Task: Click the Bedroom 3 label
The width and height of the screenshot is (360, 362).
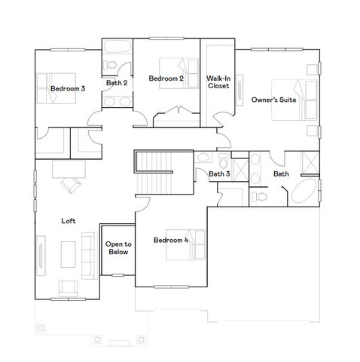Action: pyautogui.click(x=68, y=89)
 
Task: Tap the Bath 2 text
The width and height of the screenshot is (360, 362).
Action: pyautogui.click(x=116, y=83)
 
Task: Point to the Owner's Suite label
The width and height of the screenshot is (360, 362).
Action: pyautogui.click(x=273, y=100)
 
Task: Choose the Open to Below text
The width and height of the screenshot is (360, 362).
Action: pyautogui.click(x=118, y=248)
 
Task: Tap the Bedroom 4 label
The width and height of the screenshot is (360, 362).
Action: pyautogui.click(x=170, y=241)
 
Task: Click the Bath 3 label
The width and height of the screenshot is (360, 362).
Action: pyautogui.click(x=219, y=174)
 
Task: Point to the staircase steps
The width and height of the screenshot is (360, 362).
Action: pyautogui.click(x=156, y=163)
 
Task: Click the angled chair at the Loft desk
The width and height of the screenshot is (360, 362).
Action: pyautogui.click(x=70, y=185)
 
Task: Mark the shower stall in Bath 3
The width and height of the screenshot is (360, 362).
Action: pyautogui.click(x=241, y=167)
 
